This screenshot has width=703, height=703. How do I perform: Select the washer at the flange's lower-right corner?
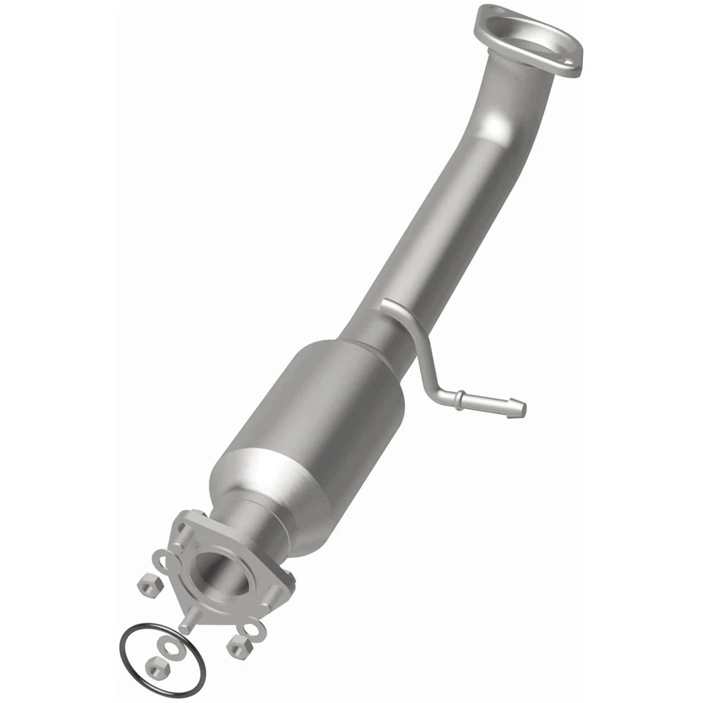253,629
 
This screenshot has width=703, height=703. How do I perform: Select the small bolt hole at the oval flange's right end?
568,60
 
